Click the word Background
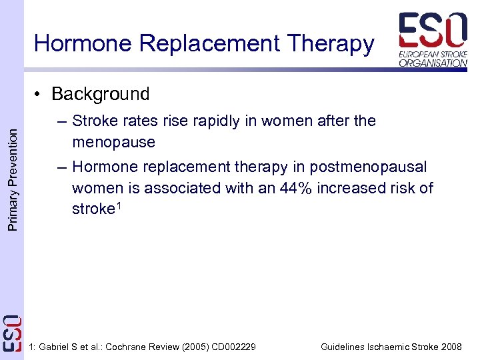pyautogui.click(x=101, y=94)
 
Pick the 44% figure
pyautogui.click(x=296, y=188)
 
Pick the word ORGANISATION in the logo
pyautogui.click(x=433, y=63)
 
